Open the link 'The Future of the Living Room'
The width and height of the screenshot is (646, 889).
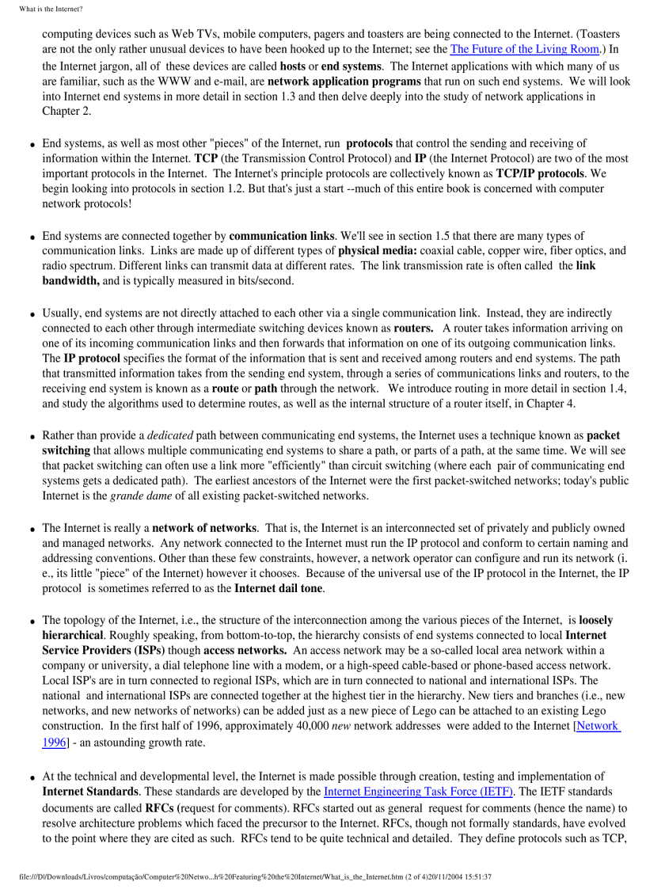click(x=524, y=49)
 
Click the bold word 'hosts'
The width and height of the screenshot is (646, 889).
click(x=293, y=66)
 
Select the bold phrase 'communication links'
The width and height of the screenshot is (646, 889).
click(x=279, y=236)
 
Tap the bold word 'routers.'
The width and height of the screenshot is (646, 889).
click(x=413, y=328)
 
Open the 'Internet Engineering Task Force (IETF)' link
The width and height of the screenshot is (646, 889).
click(x=419, y=792)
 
